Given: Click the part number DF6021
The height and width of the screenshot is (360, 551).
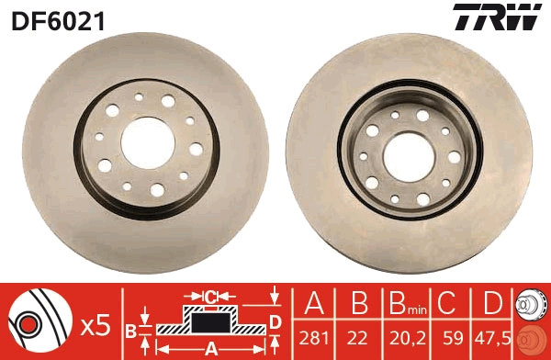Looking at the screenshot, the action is pyautogui.click(x=59, y=21).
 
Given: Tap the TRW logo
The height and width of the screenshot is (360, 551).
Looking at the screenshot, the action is pyautogui.click(x=498, y=17).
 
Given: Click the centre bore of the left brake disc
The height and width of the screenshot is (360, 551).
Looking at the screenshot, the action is pyautogui.click(x=148, y=142).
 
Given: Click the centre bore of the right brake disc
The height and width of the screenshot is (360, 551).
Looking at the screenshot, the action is pyautogui.click(x=409, y=157).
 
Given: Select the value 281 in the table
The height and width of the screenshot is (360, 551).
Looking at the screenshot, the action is pyautogui.click(x=314, y=338).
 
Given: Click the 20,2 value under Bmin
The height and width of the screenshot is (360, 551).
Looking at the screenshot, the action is pyautogui.click(x=407, y=339).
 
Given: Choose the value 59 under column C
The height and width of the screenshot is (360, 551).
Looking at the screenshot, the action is pyautogui.click(x=453, y=338).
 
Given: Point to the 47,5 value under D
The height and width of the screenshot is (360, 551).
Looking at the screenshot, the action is pyautogui.click(x=492, y=339).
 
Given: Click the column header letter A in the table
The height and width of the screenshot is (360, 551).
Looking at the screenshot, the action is pyautogui.click(x=314, y=303).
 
